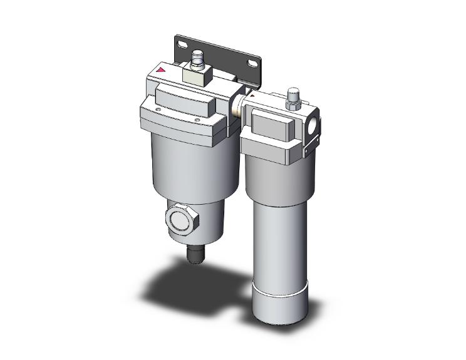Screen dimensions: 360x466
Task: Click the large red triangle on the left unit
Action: pos(163,71)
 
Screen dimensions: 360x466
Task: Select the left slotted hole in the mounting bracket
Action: pos(182,45)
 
